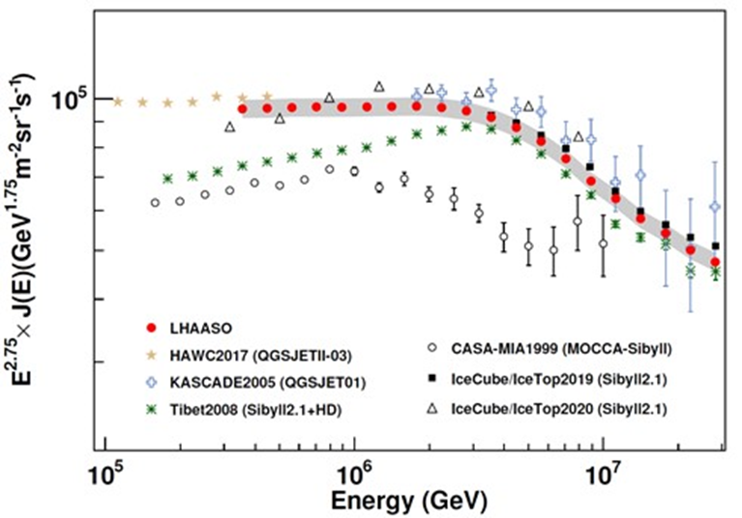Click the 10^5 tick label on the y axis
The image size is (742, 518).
pos(72,99)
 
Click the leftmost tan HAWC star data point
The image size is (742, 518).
pos(117,101)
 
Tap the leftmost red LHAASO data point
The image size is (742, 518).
pos(242,108)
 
